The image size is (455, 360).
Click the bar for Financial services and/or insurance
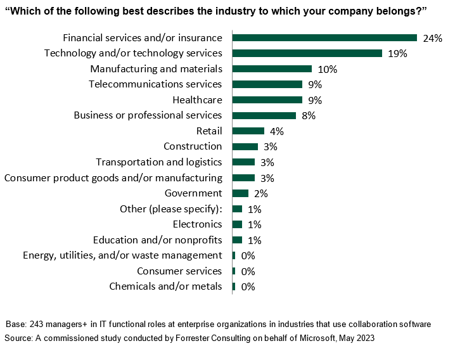(x=324, y=38)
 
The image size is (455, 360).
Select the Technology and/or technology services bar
(x=307, y=53)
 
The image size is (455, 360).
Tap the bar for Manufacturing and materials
(x=272, y=69)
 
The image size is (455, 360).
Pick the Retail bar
(x=248, y=131)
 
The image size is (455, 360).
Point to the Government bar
(x=241, y=193)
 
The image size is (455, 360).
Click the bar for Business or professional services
(x=264, y=115)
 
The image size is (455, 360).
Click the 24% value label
(x=432, y=38)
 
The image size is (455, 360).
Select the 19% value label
(x=397, y=53)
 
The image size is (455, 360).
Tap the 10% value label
(x=328, y=69)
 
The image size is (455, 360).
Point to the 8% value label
(x=309, y=115)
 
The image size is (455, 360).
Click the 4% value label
(x=277, y=131)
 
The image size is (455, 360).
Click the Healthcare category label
(x=197, y=100)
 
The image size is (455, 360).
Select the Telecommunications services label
(x=155, y=84)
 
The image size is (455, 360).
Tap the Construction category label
(x=193, y=146)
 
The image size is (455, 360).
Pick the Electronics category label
(x=197, y=224)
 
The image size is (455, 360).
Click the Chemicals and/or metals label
(x=165, y=286)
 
